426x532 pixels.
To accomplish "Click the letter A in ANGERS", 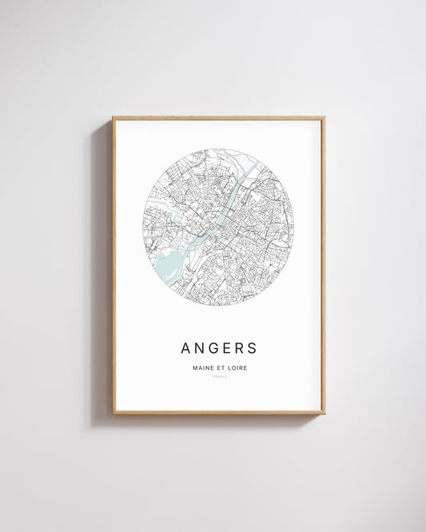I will [186, 348].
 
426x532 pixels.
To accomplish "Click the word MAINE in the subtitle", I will [202, 367].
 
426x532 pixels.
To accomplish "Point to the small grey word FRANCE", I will [218, 376].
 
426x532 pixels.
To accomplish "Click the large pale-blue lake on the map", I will [169, 261].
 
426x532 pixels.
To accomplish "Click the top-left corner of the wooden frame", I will [113, 118].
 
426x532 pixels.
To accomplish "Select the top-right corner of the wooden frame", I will [324, 118].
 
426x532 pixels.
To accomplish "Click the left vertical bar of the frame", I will [113, 264].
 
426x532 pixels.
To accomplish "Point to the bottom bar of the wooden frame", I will [218, 412].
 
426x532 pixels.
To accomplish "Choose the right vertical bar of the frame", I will [324, 264].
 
